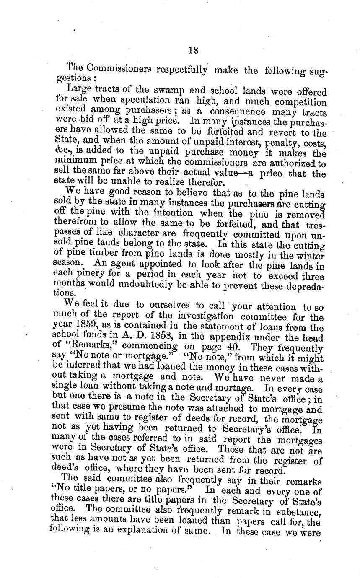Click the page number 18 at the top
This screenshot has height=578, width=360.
coord(193,50)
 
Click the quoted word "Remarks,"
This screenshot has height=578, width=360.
coord(93,347)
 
